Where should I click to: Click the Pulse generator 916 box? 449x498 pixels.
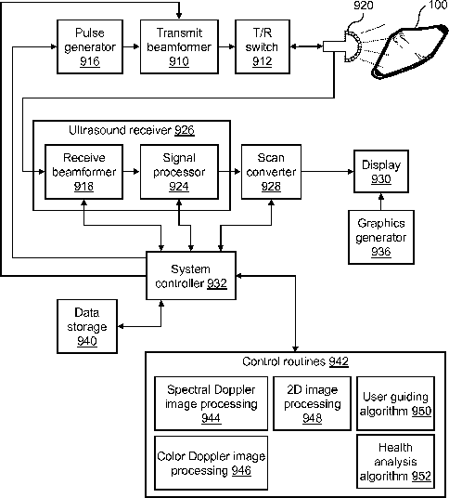tap(90, 46)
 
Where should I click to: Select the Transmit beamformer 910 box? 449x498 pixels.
tap(179, 46)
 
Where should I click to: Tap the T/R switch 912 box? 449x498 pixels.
tap(263, 46)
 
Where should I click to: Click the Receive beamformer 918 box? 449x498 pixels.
tap(83, 172)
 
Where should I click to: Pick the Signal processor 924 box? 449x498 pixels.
tap(179, 172)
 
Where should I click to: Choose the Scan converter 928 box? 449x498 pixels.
tap(271, 172)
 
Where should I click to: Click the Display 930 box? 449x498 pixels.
tap(381, 172)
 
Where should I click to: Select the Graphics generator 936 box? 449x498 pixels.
tap(381, 237)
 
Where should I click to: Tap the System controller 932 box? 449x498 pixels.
tap(191, 275)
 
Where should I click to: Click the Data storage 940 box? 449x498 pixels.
tap(87, 326)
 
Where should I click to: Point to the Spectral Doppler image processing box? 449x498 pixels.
tap(211, 403)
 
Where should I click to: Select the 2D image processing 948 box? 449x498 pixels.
tap(312, 403)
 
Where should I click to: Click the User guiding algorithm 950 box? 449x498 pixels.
tap(395, 403)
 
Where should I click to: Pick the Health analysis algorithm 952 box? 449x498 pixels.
tap(395, 462)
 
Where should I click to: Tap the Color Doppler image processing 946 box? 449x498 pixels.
tap(211, 463)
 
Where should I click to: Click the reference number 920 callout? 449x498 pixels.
tap(364, 6)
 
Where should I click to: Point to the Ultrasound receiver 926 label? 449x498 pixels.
tap(132, 130)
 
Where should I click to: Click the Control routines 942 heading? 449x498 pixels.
tap(296, 361)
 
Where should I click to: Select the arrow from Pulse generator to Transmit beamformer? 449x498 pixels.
tap(132, 46)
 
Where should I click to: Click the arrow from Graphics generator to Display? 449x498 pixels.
tap(381, 202)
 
